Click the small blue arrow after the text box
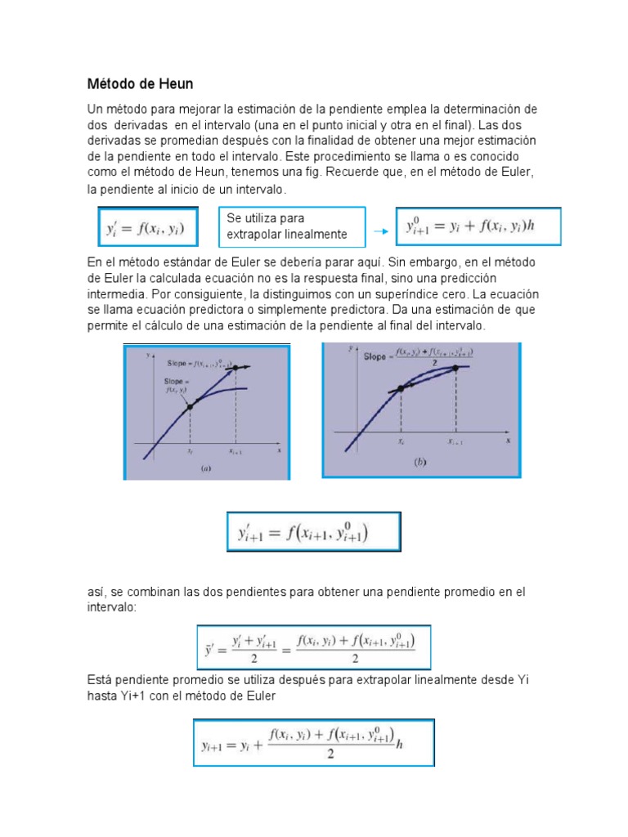coord(379,231)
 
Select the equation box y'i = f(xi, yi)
coord(144,228)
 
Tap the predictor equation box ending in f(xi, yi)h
coord(478,226)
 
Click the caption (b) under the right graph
coord(420,462)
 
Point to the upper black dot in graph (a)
coord(235,369)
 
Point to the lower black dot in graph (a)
coord(190,405)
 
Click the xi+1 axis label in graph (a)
coord(235,451)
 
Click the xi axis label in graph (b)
coord(401,440)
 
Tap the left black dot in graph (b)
coord(401,389)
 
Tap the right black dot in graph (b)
coord(455,368)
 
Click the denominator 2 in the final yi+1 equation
coord(330,753)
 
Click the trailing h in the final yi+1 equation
coord(398,744)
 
